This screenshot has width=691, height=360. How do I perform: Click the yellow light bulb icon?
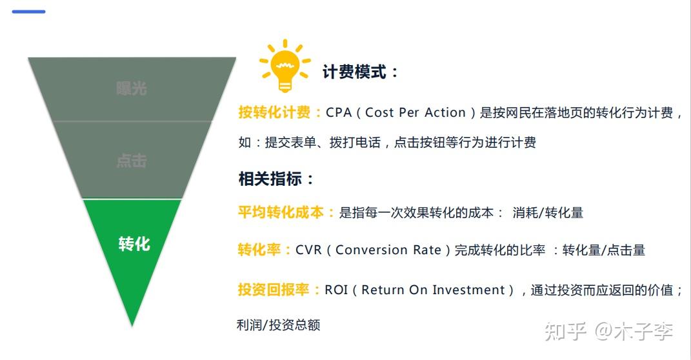tap(285, 66)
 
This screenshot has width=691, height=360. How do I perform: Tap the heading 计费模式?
tap(354, 72)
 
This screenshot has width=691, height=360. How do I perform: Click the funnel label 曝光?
tap(132, 88)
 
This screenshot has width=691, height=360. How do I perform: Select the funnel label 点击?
tap(132, 161)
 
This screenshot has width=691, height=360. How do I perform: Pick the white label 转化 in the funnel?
tap(134, 244)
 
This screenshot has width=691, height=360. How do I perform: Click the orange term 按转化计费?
tap(274, 112)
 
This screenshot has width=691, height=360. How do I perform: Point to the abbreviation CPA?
tap(339, 113)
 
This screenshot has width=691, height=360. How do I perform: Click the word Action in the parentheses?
tap(445, 113)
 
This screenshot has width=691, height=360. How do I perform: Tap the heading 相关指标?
tap(270, 179)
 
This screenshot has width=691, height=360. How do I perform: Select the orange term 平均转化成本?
tap(281, 212)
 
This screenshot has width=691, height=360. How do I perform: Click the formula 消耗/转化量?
tap(548, 213)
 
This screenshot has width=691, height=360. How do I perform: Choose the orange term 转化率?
tap(259, 250)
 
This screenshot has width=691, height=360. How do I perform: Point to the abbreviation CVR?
tap(308, 250)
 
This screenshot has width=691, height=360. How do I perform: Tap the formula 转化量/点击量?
tap(604, 250)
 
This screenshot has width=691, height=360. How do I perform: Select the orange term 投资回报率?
tap(274, 290)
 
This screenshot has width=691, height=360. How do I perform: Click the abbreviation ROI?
tap(336, 290)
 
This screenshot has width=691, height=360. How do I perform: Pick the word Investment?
tap(468, 290)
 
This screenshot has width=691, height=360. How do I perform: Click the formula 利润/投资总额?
tap(279, 325)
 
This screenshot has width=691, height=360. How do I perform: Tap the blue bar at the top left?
tap(28, 12)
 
